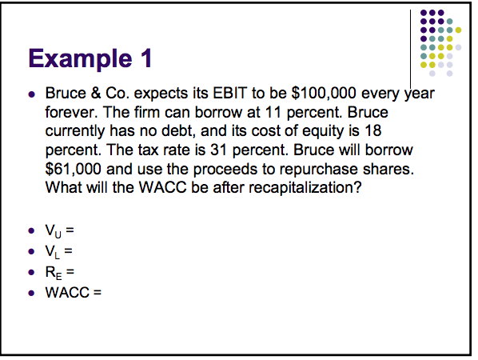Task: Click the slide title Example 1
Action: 89,58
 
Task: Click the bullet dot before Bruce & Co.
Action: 30,93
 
